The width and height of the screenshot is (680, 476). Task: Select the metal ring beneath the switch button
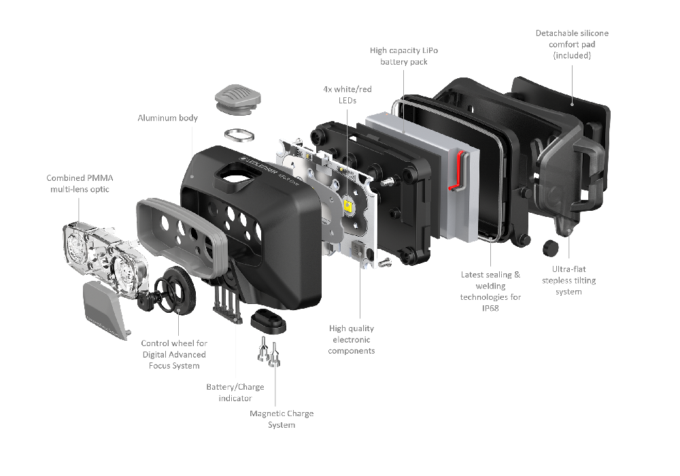[x=238, y=135]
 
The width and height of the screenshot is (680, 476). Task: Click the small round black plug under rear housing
[x=549, y=249]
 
